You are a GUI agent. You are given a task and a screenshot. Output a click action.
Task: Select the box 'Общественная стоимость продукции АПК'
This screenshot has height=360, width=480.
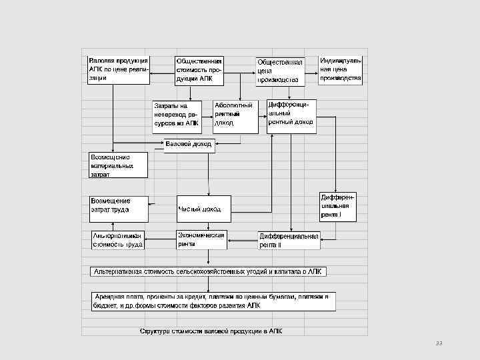coord(199,70)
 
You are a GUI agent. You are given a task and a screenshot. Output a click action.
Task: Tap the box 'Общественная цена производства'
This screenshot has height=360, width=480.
coord(281,71)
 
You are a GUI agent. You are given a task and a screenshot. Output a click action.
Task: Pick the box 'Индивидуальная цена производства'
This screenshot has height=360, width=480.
coord(341,69)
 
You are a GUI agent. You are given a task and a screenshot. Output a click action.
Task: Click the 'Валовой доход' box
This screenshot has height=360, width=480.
coord(189,145)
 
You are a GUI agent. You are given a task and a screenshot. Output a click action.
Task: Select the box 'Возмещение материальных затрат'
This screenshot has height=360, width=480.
coord(119,165)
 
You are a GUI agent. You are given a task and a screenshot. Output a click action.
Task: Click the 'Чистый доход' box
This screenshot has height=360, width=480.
coord(204,209)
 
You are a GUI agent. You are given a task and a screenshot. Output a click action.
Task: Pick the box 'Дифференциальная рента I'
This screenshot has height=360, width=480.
coord(338,207)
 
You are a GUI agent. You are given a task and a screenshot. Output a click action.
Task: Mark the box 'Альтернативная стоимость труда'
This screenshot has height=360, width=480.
coord(118,240)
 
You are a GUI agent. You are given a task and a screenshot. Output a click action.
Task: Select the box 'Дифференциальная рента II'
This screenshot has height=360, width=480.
coord(289,240)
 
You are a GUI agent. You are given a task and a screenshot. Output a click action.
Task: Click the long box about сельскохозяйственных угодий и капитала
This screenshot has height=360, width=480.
coord(209,271)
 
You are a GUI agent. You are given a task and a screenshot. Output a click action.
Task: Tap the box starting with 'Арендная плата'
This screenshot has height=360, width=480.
coord(212,301)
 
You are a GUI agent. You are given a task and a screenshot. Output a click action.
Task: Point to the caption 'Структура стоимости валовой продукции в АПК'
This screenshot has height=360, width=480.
coord(211,331)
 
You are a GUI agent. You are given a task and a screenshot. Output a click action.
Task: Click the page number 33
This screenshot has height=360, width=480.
coord(439,343)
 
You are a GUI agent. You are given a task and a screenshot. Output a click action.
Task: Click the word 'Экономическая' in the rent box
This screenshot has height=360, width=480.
coord(201,235)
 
